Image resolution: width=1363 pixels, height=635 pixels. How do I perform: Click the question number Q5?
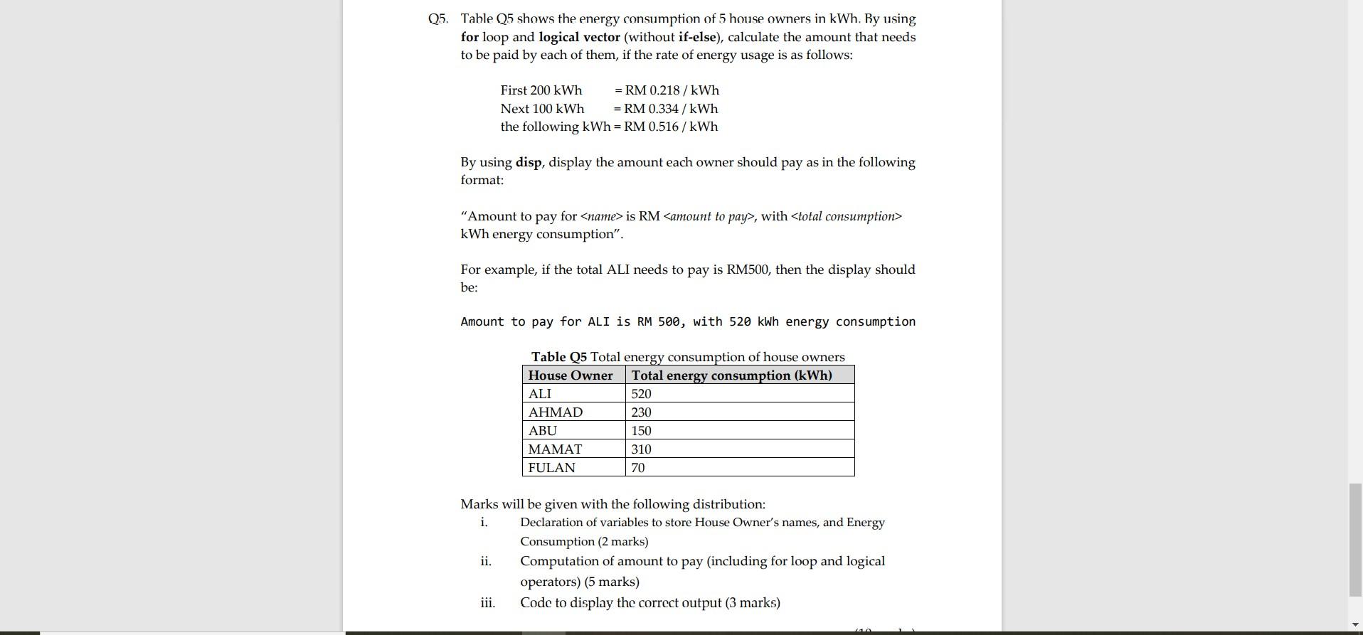(437, 19)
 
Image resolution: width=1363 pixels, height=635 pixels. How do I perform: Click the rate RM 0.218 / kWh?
(672, 90)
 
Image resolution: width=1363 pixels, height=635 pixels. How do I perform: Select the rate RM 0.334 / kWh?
(671, 109)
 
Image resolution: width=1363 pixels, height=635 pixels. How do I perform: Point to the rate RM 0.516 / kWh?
(671, 127)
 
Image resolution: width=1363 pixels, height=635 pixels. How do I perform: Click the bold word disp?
(529, 162)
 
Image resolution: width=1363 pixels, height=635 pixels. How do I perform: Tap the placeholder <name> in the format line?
(601, 216)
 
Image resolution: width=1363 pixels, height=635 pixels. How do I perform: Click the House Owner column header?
(570, 375)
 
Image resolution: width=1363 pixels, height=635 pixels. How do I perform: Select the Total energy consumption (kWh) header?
(731, 375)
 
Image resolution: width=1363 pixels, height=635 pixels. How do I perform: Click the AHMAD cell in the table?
(555, 412)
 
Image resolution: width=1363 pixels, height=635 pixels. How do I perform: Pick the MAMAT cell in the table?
(555, 449)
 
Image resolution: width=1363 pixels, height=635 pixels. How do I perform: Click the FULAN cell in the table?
(551, 468)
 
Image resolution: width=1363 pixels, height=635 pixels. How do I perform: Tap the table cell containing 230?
(641, 412)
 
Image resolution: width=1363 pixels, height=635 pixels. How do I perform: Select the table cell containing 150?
(641, 431)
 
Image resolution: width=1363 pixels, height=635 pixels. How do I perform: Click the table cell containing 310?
(641, 449)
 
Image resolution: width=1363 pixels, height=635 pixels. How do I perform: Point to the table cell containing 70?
(638, 468)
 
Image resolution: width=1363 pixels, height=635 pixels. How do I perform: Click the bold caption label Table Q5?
(558, 357)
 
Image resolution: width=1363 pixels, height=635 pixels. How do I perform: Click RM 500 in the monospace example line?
(659, 321)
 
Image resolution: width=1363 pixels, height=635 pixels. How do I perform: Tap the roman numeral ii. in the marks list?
(486, 561)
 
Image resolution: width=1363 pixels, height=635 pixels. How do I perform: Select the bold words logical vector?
(579, 37)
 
